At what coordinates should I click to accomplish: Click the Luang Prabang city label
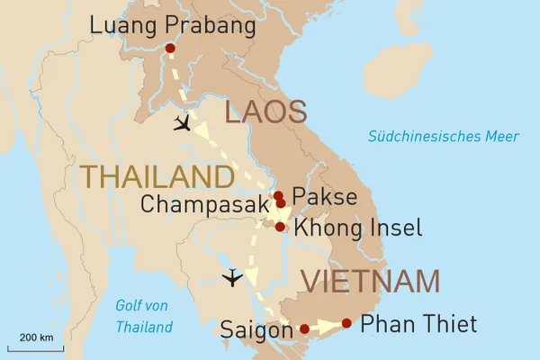pos(173,24)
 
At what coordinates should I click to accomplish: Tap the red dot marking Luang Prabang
pos(171,48)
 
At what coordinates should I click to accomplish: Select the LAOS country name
pos(265,113)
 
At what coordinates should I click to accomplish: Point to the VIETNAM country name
pos(370,282)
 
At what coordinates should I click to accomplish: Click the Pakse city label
pos(325,196)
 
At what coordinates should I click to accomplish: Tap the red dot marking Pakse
pos(278,195)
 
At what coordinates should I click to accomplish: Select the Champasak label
pos(204,204)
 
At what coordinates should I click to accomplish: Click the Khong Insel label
pos(357,228)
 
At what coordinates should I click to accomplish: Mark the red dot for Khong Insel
pos(280,227)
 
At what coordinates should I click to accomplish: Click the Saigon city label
pos(256,330)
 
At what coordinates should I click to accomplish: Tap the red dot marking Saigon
pos(303,328)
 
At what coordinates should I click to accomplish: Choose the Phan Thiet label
pos(418,324)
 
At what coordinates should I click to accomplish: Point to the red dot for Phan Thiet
pos(346,322)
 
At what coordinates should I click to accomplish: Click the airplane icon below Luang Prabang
pos(184,123)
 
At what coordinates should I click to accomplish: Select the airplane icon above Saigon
pos(232,277)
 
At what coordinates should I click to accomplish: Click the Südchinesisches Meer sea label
pos(443,137)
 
